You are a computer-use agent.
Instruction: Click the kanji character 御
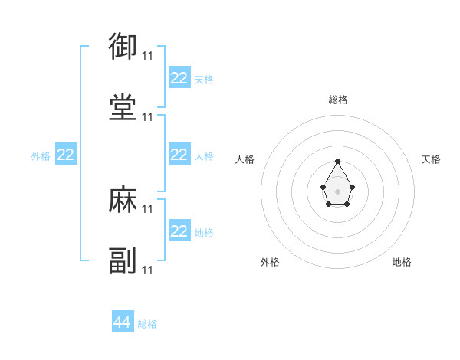(x=123, y=47)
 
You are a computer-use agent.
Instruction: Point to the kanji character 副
(x=123, y=261)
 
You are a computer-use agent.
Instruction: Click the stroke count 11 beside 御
(x=148, y=55)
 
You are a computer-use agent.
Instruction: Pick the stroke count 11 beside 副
(x=148, y=270)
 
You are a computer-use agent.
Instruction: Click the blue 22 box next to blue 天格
(x=179, y=78)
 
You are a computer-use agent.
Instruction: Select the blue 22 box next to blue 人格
(x=179, y=155)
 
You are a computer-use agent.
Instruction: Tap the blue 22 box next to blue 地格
(x=179, y=231)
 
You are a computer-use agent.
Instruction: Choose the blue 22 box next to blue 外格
(x=66, y=155)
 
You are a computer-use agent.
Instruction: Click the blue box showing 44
(x=123, y=322)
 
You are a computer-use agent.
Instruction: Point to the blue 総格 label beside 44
(x=147, y=324)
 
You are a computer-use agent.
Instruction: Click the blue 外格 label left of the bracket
(x=41, y=156)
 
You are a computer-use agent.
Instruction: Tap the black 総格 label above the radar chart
(x=337, y=100)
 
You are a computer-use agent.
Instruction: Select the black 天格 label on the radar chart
(x=431, y=159)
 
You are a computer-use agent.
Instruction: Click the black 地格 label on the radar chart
(x=402, y=262)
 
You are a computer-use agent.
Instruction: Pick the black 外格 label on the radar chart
(x=270, y=262)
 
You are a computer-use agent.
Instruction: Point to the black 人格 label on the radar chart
(x=245, y=159)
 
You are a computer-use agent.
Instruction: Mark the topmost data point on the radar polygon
(x=337, y=161)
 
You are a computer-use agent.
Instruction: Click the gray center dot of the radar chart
(x=337, y=190)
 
